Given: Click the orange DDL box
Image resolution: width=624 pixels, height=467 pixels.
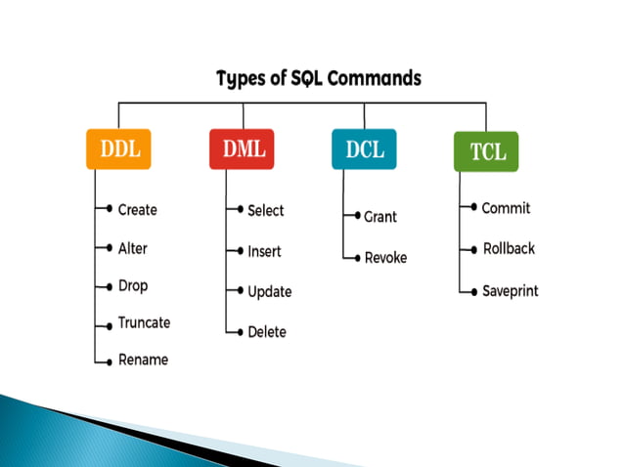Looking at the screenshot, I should [x=118, y=150].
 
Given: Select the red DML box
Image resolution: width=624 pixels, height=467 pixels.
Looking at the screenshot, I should [x=241, y=149].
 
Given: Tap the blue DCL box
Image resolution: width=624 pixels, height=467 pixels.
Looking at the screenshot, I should [x=364, y=149].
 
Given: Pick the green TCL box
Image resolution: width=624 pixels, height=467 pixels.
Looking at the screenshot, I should [x=486, y=152].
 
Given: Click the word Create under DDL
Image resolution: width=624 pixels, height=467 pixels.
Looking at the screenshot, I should [x=137, y=210].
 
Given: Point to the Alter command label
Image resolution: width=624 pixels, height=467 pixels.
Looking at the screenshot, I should [x=132, y=249].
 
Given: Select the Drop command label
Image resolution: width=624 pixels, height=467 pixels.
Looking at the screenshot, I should [x=133, y=286].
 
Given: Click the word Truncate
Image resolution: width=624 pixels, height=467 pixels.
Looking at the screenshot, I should [x=144, y=322].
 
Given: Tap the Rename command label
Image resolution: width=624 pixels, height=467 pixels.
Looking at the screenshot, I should [x=143, y=360].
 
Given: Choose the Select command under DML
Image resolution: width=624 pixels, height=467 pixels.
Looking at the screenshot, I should [x=265, y=210].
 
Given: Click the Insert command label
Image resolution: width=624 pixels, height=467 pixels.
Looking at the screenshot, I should [x=264, y=251].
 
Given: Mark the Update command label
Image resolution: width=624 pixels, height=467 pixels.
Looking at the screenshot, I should [x=269, y=292].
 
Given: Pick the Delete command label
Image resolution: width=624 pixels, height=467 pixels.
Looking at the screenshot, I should [x=266, y=332].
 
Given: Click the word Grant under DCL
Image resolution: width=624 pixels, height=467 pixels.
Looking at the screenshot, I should [x=379, y=217].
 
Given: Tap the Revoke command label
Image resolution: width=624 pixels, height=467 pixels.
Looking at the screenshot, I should [x=384, y=258].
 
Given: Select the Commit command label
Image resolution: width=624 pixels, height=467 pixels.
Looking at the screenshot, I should [x=506, y=208].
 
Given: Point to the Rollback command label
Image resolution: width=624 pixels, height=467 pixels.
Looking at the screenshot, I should [x=509, y=249].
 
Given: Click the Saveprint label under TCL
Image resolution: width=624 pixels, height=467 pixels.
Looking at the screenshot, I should [x=510, y=291].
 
